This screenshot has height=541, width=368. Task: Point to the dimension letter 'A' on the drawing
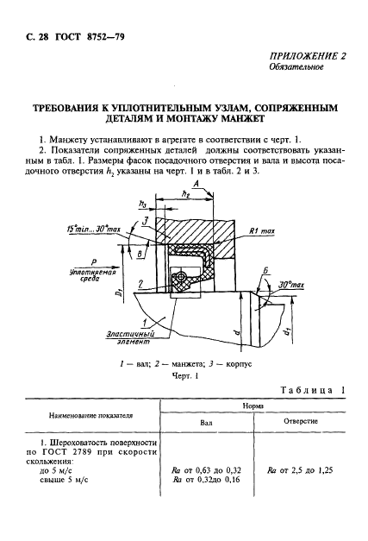point(196,184)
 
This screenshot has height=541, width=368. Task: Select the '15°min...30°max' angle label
point(94,229)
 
